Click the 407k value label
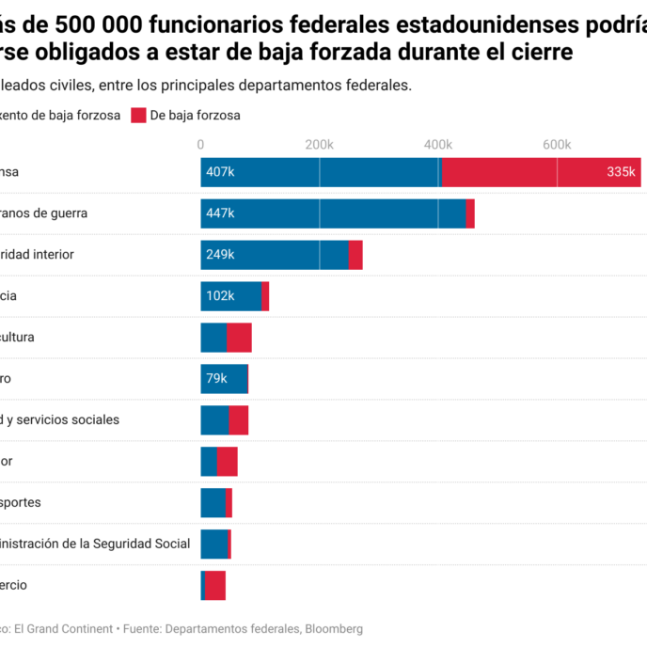pyautogui.click(x=220, y=172)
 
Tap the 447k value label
pyautogui.click(x=220, y=213)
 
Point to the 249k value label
pyautogui.click(x=220, y=255)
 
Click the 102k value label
pyautogui.click(x=220, y=296)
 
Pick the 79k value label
pyautogui.click(x=216, y=379)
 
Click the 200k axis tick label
pyautogui.click(x=319, y=144)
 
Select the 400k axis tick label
pyautogui.click(x=438, y=144)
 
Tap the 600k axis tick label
pyautogui.click(x=557, y=144)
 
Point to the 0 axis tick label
pyautogui.click(x=200, y=144)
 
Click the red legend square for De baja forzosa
pyautogui.click(x=138, y=116)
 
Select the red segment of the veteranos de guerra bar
pyautogui.click(x=470, y=213)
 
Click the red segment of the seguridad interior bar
pyautogui.click(x=355, y=255)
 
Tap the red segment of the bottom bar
pyautogui.click(x=215, y=585)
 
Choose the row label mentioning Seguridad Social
pyautogui.click(x=94, y=544)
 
